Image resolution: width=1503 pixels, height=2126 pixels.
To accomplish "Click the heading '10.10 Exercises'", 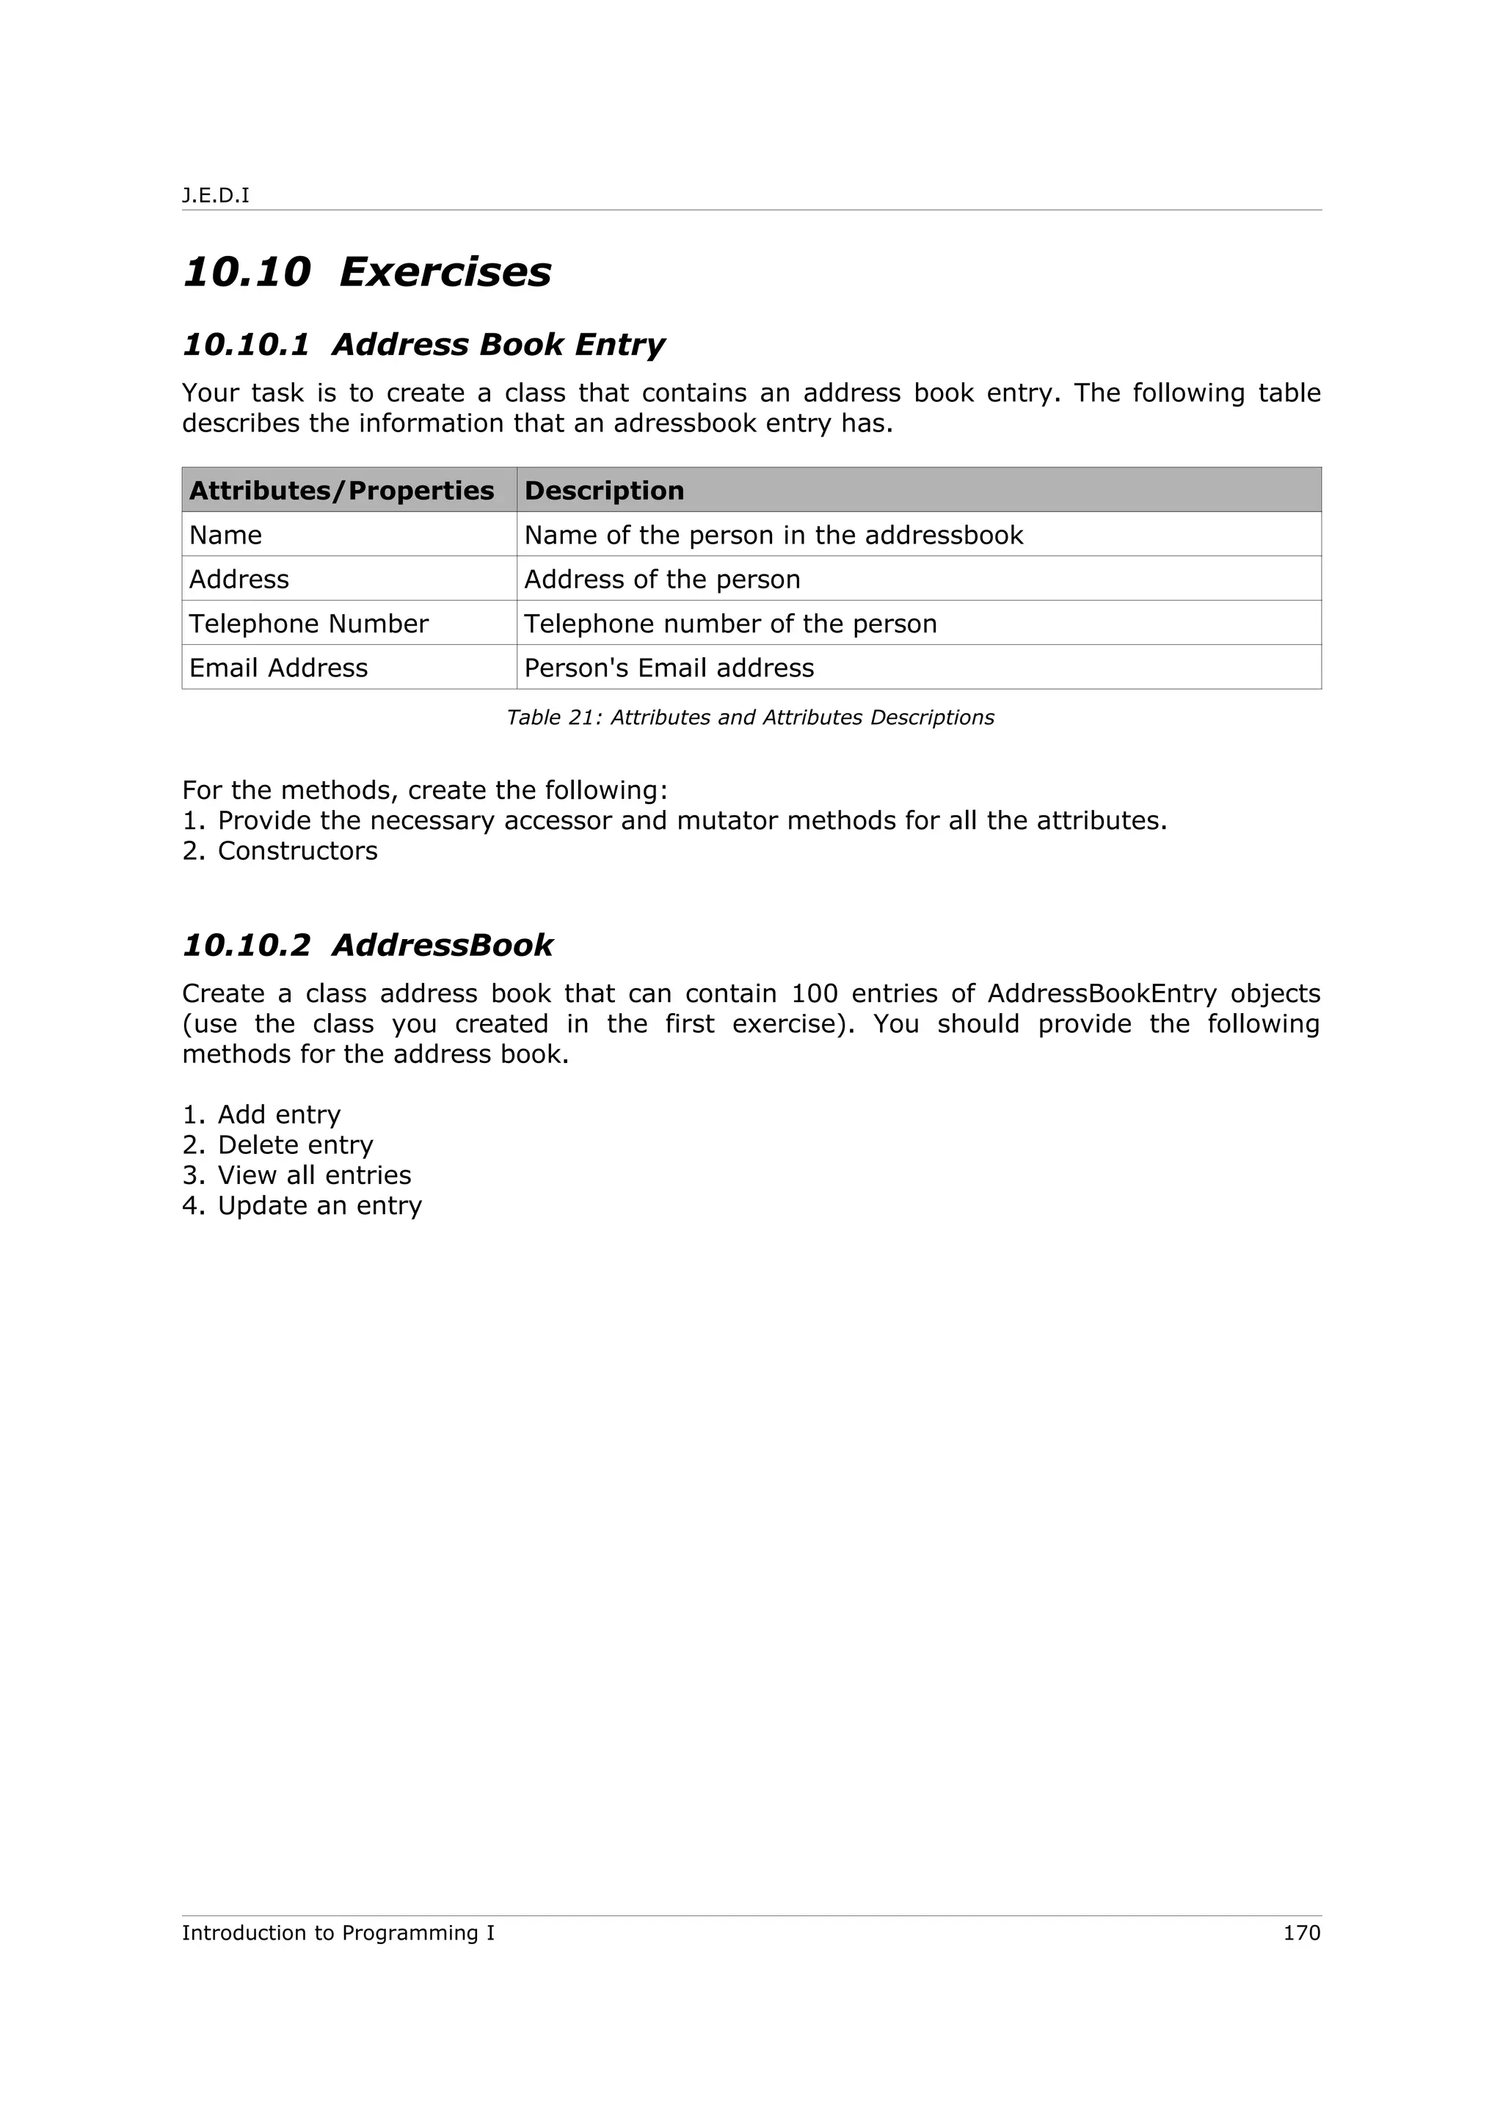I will tap(367, 272).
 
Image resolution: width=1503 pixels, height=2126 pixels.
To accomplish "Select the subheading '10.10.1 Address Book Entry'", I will tap(423, 345).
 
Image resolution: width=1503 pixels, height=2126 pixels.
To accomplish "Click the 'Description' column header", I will tap(604, 491).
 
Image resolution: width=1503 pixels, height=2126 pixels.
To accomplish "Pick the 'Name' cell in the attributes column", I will tap(225, 536).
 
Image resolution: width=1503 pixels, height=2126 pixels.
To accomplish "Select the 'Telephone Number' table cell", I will tap(308, 624).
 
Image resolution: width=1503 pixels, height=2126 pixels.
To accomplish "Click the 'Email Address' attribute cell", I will tap(278, 668).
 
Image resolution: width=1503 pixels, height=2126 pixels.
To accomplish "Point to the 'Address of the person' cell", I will tap(662, 580).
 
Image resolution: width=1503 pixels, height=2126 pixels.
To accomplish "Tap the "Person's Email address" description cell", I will tap(669, 668).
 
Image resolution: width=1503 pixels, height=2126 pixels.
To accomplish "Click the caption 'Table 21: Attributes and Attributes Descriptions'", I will tap(750, 717).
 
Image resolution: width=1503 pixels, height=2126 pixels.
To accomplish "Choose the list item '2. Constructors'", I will tap(280, 851).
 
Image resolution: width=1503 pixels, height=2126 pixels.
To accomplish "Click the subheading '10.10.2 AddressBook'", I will tap(368, 946).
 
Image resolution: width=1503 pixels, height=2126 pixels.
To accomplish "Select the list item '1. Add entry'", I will tap(261, 1115).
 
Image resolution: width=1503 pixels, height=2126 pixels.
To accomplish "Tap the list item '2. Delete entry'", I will tap(278, 1145).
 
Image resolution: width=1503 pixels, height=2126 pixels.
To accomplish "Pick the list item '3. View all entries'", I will tap(296, 1176).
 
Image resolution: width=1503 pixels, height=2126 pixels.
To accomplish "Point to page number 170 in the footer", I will tap(1301, 1933).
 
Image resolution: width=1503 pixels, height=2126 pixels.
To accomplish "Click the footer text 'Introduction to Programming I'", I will tap(338, 1933).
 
